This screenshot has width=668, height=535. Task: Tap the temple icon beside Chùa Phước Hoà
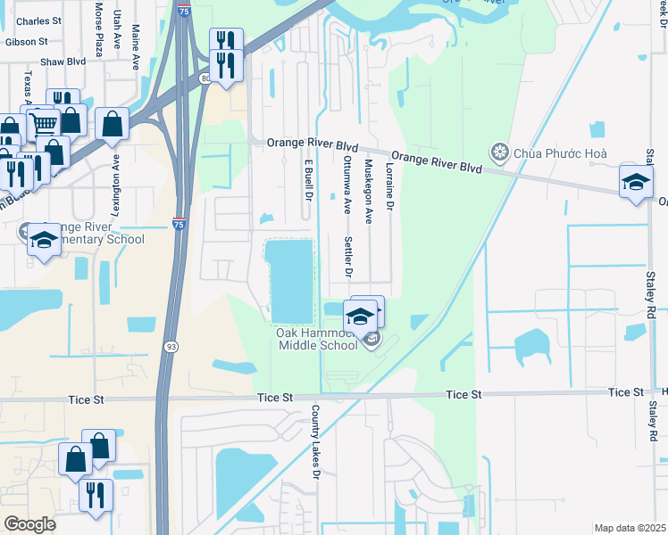point(499,153)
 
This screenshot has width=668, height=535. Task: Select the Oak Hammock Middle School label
point(317,339)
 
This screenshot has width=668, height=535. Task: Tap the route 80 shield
point(206,79)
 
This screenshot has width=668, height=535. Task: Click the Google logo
point(29,523)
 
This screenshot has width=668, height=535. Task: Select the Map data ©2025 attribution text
point(629,528)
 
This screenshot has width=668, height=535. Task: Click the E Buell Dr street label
point(309,180)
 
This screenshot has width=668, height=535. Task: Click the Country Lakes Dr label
point(314,443)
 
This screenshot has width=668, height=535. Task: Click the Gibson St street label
point(26,42)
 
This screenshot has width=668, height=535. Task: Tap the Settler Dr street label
point(348,257)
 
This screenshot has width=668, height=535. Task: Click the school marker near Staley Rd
point(636,182)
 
